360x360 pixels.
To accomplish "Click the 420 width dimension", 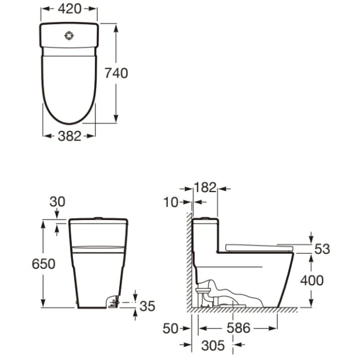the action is click(x=69, y=9).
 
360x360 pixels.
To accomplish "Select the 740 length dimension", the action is click(x=116, y=73).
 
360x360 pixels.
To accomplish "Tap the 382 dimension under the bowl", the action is click(x=69, y=136).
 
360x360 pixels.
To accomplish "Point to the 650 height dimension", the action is click(x=43, y=263).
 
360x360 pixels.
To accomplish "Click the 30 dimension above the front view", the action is click(x=58, y=202).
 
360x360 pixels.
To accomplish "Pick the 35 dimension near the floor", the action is click(x=148, y=306).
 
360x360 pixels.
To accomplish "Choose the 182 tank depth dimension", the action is click(x=205, y=187).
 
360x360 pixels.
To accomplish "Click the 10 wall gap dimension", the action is click(x=171, y=202).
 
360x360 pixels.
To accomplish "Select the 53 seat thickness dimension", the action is click(x=322, y=249).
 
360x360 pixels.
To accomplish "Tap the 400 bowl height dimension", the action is click(x=312, y=281).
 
